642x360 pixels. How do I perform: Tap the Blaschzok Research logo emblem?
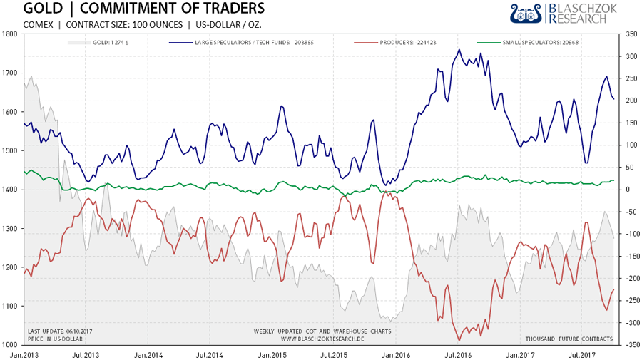tap(526, 13)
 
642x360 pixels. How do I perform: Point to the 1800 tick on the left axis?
tap(11, 34)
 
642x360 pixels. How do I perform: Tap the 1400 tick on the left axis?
tap(11, 190)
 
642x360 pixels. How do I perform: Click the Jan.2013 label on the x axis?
tap(25, 354)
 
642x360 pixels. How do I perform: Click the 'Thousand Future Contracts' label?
tap(569, 339)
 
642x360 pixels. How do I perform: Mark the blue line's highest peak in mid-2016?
tap(459, 49)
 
